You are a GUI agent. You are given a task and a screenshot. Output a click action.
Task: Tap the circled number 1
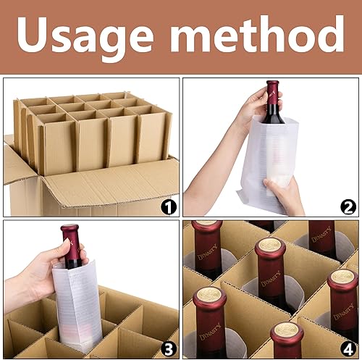[x=169, y=209]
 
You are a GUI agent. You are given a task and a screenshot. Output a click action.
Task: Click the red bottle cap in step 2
[x=273, y=91]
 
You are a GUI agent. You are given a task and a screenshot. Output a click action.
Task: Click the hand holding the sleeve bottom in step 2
[x=285, y=194]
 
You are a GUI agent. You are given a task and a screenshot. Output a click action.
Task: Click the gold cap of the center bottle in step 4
[x=270, y=245]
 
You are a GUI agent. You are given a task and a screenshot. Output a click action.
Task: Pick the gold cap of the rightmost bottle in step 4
[x=342, y=279]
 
